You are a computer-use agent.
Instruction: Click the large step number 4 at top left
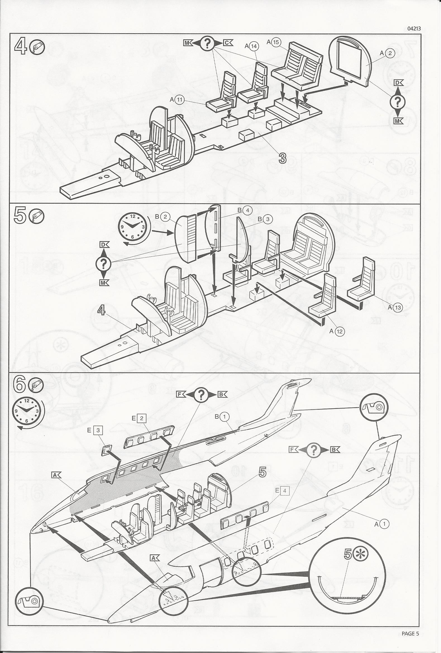coord(20,46)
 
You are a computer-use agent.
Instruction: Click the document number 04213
coord(414,28)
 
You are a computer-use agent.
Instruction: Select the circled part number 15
coord(276,42)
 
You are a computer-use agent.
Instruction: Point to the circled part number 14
coord(254,46)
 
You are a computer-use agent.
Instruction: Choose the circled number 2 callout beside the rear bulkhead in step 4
coord(390,53)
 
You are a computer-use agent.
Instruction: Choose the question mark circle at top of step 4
coord(207,43)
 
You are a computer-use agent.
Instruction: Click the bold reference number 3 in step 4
coord(282,158)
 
